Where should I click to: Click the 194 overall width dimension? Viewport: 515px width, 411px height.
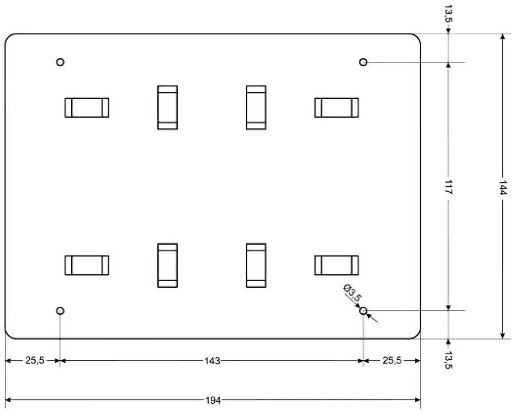(x=213, y=401)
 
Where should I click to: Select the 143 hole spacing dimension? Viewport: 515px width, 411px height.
(x=212, y=361)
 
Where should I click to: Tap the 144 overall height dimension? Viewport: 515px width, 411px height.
(x=503, y=187)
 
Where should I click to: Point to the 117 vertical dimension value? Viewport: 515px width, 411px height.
(x=449, y=187)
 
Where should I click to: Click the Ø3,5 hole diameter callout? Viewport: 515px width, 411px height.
(x=352, y=293)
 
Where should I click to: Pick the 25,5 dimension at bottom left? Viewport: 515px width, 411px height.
(x=35, y=361)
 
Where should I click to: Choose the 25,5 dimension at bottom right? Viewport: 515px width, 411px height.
(x=392, y=361)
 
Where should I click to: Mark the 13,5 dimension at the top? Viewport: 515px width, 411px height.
(x=449, y=13)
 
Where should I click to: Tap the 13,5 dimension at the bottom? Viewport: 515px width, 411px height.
(x=448, y=360)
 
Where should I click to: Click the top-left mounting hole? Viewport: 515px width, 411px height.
(x=60, y=62)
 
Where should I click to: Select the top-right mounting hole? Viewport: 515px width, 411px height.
(x=363, y=62)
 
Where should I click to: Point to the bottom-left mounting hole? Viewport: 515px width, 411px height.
(x=60, y=310)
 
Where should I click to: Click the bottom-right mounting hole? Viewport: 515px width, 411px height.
(x=363, y=310)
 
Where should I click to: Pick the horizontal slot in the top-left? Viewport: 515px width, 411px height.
(x=87, y=108)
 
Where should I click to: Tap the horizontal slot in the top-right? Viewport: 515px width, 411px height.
(x=337, y=108)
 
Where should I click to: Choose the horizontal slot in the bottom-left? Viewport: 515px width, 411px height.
(x=87, y=265)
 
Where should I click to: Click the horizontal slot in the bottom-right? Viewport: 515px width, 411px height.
(x=337, y=265)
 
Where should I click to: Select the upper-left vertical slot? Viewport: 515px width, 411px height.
(x=167, y=108)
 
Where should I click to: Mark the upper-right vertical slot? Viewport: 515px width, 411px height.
(x=256, y=108)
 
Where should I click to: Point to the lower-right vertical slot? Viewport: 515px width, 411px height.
(x=256, y=265)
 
